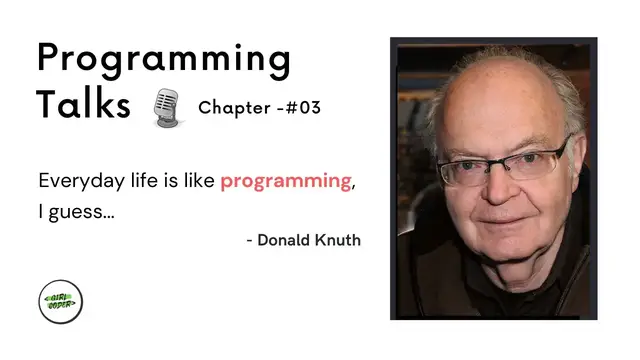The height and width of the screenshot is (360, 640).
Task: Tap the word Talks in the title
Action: coord(84,103)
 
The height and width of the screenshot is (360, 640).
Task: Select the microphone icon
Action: coord(166,107)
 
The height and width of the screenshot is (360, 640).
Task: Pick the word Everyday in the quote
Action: coord(77,182)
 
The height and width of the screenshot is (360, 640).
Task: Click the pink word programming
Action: coord(285,182)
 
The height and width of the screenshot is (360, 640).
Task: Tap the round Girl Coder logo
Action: coord(60,301)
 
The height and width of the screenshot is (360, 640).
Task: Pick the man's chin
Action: coord(504,254)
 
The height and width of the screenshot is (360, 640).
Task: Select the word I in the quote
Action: coord(41,212)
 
